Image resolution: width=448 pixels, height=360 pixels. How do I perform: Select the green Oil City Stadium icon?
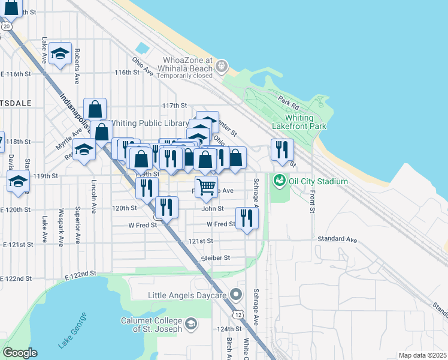pyautogui.click(x=279, y=180)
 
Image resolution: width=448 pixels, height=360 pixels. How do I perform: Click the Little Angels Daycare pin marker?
pyautogui.click(x=235, y=295)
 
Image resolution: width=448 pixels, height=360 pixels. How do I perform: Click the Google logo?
pyautogui.click(x=20, y=353)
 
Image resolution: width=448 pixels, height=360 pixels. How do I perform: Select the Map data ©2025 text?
pyautogui.click(x=422, y=355)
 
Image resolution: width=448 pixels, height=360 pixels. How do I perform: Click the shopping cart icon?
pyautogui.click(x=206, y=186)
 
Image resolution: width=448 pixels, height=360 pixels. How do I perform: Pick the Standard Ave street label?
pyautogui.click(x=337, y=239)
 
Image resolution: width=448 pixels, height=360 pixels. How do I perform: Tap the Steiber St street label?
pyautogui.click(x=215, y=257)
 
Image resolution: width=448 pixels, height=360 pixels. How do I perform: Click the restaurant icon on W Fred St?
pyautogui.click(x=247, y=218)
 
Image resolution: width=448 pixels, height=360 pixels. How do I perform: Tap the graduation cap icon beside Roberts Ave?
pyautogui.click(x=60, y=53)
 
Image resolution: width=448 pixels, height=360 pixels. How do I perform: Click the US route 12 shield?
pyautogui.click(x=239, y=314)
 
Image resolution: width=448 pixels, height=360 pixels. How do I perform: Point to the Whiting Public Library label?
pyautogui.click(x=150, y=123)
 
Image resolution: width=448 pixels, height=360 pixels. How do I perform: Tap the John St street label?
pyautogui.click(x=212, y=209)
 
